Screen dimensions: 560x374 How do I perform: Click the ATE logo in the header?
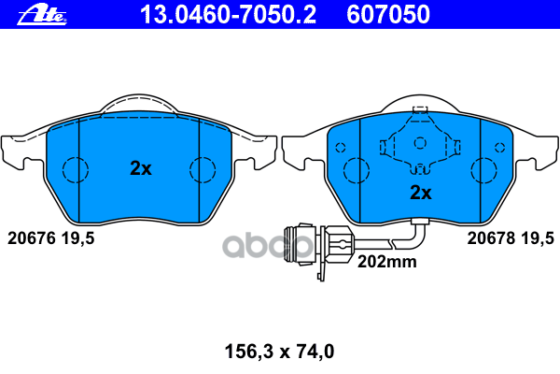pyautogui.click(x=42, y=15)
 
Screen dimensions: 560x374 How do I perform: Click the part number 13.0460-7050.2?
pyautogui.click(x=228, y=14)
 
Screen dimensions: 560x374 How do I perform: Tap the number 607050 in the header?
pyautogui.click(x=388, y=14)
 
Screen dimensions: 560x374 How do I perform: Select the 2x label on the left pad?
pyautogui.click(x=141, y=168)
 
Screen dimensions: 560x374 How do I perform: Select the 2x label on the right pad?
pyautogui.click(x=421, y=193)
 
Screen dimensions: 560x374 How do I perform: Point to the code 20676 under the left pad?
pyautogui.click(x=32, y=238)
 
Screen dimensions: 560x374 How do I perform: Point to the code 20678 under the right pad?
pyautogui.click(x=492, y=238)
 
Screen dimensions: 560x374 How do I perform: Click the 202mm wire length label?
pyautogui.click(x=387, y=262)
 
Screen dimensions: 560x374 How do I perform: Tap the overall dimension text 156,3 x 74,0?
pyautogui.click(x=280, y=352)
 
